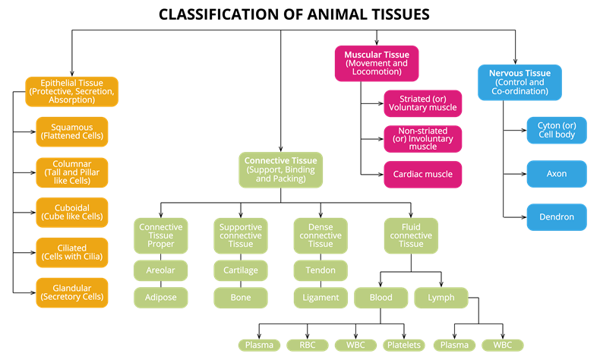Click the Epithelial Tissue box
pos(71,91)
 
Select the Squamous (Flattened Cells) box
pos(71,131)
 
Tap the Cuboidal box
pos(71,212)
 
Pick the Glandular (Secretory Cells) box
pos(71,293)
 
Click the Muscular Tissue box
pos(376,63)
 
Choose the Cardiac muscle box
pos(422,174)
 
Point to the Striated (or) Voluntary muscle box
pos(422,103)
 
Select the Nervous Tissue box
pos(519,82)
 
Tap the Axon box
pos(556,174)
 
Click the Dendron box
pos(556,217)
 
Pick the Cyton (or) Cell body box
pos(556,130)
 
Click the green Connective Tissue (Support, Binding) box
pos(280,170)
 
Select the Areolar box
pos(160,270)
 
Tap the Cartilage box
pos(240,270)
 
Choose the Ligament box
pos(320,298)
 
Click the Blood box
pos(381,298)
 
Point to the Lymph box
pos(441,298)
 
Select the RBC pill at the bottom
pos(308,345)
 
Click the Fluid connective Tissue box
pos(411,235)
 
